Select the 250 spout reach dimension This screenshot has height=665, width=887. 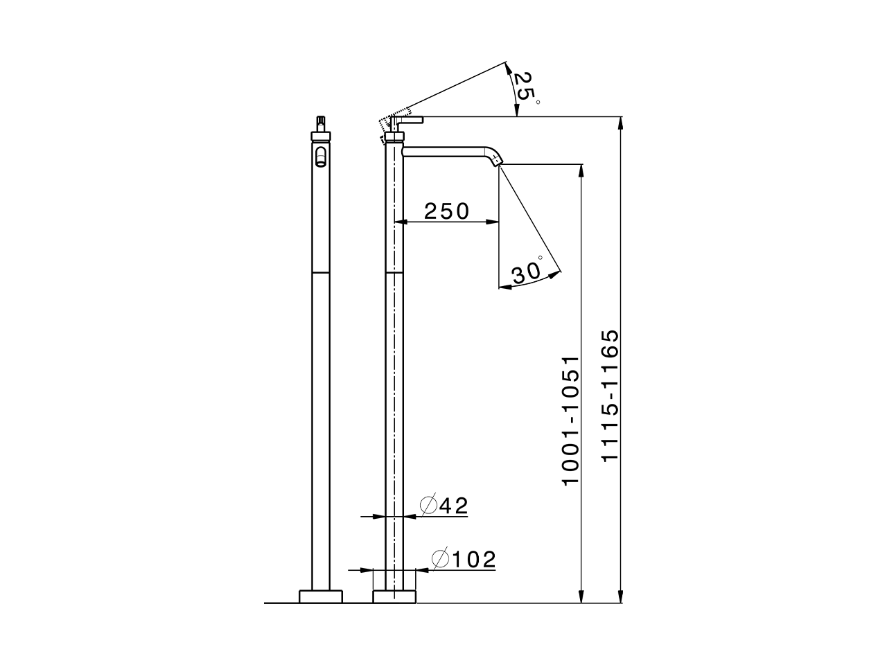(x=446, y=211)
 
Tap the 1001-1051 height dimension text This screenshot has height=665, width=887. (x=570, y=421)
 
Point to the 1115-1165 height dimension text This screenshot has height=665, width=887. (x=610, y=395)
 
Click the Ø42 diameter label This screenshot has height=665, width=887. (x=445, y=506)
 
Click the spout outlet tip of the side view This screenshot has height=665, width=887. (x=496, y=161)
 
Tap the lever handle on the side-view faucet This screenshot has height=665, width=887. (x=409, y=121)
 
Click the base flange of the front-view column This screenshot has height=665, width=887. (x=321, y=596)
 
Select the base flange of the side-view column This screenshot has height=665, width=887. (x=395, y=596)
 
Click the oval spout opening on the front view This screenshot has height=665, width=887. (x=321, y=156)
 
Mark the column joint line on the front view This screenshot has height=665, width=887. (x=321, y=273)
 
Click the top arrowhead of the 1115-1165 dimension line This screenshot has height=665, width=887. (x=622, y=123)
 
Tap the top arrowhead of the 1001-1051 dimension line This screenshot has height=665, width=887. (x=579, y=170)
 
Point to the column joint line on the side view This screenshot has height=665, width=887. (x=395, y=273)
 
